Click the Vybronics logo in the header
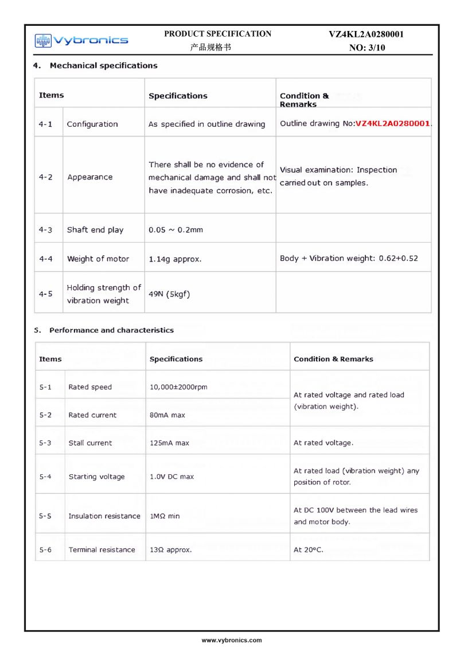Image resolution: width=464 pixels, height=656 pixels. (x=81, y=40)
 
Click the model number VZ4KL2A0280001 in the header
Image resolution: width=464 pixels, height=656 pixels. (x=366, y=34)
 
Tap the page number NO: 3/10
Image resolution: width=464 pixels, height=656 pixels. (x=367, y=48)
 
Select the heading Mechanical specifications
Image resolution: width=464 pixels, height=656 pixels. (x=103, y=65)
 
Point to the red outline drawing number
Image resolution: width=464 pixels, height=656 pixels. (x=393, y=123)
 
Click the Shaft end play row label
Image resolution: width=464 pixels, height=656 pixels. (x=95, y=230)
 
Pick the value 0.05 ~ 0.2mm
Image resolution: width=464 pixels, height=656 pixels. (x=176, y=230)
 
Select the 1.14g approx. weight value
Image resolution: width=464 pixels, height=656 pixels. (x=175, y=259)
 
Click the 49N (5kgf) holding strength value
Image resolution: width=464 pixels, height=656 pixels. (x=169, y=294)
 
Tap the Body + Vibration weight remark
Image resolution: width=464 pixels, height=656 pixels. (x=349, y=258)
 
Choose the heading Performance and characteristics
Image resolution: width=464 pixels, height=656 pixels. (x=111, y=330)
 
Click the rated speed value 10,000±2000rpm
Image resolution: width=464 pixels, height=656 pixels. (x=178, y=387)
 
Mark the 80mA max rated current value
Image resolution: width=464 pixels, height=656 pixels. (x=167, y=415)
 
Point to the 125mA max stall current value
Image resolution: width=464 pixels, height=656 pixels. (x=169, y=443)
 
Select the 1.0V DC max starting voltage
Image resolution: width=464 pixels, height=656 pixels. (x=171, y=477)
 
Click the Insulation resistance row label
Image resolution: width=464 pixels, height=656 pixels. (x=104, y=516)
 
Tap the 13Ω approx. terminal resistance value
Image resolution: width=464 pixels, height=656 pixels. (x=171, y=550)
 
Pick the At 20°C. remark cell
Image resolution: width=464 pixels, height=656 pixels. (x=309, y=550)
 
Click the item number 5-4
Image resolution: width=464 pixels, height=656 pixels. (x=45, y=477)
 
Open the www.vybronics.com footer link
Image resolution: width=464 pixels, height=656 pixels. (x=232, y=640)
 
